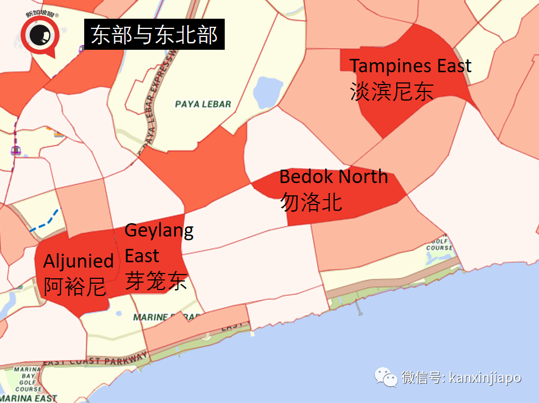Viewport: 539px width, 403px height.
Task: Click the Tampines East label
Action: click(x=410, y=66)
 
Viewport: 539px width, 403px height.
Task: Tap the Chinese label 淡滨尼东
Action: click(x=391, y=91)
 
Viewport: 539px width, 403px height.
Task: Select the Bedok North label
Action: click(x=333, y=177)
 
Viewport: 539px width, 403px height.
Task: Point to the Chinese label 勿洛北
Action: click(x=311, y=202)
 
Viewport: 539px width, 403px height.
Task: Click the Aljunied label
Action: click(x=78, y=261)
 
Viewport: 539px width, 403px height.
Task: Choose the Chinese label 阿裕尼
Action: click(x=75, y=287)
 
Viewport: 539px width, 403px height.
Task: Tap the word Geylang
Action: click(x=159, y=231)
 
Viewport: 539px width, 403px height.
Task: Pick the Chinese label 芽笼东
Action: click(x=156, y=280)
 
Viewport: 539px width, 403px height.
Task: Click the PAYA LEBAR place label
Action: click(x=203, y=104)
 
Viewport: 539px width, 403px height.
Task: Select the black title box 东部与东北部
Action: click(x=154, y=36)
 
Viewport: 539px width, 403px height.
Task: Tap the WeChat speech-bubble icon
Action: click(x=386, y=377)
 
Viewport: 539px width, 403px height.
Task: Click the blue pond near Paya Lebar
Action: click(x=267, y=92)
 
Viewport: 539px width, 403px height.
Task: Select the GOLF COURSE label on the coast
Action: click(x=439, y=244)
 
